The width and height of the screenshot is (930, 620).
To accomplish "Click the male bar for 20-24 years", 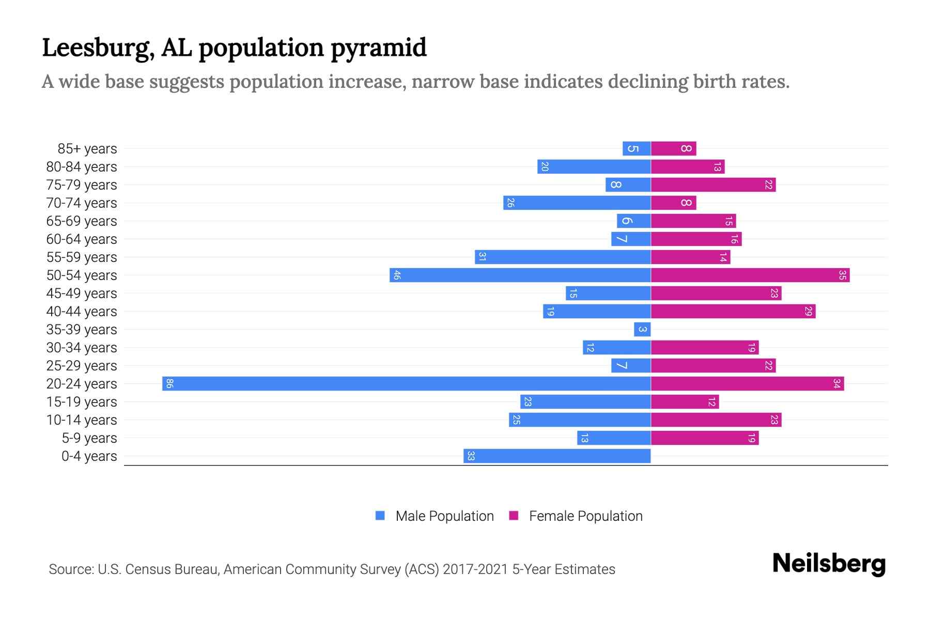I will pyautogui.click(x=406, y=384).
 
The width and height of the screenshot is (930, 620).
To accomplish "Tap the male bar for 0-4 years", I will pyautogui.click(x=557, y=456).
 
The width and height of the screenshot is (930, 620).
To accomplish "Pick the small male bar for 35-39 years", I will pyautogui.click(x=642, y=330).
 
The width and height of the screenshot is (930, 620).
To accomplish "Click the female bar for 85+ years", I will pyautogui.click(x=673, y=149).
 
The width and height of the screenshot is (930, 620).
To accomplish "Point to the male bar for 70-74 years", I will pyautogui.click(x=577, y=203).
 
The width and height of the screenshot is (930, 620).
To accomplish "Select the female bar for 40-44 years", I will pyautogui.click(x=733, y=312).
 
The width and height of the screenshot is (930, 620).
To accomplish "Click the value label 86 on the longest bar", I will pyautogui.click(x=169, y=384).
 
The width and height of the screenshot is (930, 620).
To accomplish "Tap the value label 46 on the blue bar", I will pyautogui.click(x=397, y=275).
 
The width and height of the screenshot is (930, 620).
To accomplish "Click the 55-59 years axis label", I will pyautogui.click(x=82, y=257).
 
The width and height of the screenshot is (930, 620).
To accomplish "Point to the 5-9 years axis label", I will pyautogui.click(x=89, y=438).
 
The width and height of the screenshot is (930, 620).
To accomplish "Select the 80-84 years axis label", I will pyautogui.click(x=82, y=167).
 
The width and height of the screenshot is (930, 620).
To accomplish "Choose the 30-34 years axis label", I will pyautogui.click(x=82, y=348).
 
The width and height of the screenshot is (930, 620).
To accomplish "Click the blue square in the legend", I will pyautogui.click(x=380, y=516).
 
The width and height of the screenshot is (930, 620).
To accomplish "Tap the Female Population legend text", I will pyautogui.click(x=585, y=516).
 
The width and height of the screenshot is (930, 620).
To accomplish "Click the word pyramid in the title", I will pyautogui.click(x=378, y=48).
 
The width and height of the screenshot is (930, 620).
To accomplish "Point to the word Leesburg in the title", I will pyautogui.click(x=98, y=48).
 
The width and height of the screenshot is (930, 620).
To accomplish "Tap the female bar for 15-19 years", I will pyautogui.click(x=685, y=402).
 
